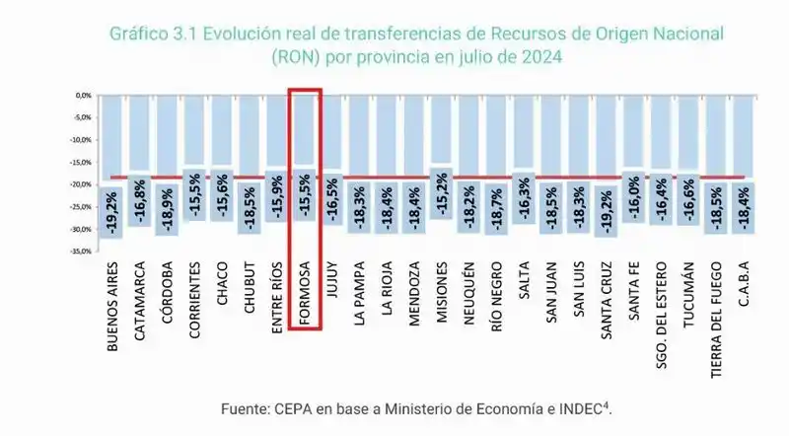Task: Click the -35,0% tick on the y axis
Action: point(80,252)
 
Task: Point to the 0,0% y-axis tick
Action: point(83,96)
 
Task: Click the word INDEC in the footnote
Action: point(581,407)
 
